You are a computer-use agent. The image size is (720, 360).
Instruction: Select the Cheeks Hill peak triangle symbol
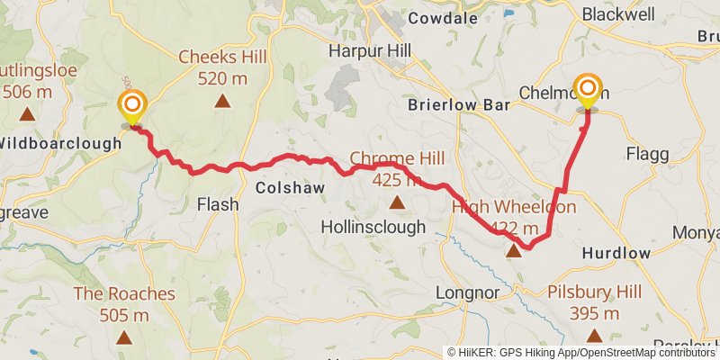(221, 101)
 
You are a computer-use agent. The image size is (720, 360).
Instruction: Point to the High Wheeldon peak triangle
(514, 251)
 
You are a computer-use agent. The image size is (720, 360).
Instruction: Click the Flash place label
(218, 204)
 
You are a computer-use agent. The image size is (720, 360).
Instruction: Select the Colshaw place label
(284, 188)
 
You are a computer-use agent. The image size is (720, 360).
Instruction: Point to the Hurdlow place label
(616, 253)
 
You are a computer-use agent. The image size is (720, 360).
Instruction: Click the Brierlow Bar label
(458, 104)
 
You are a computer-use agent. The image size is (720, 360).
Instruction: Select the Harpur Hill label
(369, 49)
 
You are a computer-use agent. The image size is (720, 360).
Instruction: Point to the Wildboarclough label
(59, 142)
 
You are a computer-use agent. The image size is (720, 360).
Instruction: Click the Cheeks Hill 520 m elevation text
(222, 77)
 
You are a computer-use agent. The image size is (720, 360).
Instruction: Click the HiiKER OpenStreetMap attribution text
(582, 352)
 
